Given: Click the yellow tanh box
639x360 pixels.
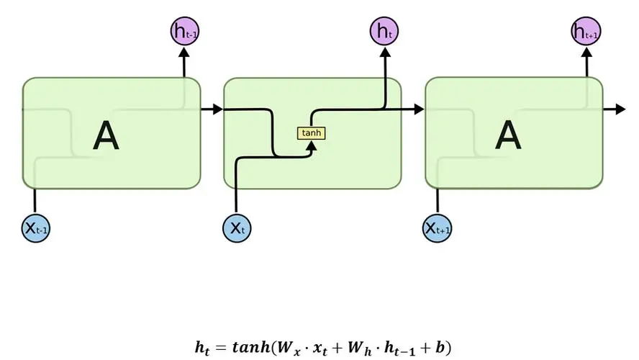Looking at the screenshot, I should [311, 133].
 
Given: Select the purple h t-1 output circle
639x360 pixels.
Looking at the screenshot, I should [183, 31].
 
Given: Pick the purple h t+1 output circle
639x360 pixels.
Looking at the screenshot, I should [586, 31].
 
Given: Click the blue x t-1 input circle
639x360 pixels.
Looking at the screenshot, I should [36, 229].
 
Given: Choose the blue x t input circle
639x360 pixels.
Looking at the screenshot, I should [237, 229].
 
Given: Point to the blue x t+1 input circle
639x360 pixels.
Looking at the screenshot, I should [438, 229].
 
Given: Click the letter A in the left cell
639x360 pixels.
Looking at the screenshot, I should [106, 135].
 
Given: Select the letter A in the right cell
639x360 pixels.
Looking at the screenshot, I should [508, 135].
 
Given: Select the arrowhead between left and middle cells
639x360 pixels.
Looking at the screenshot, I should [217, 109].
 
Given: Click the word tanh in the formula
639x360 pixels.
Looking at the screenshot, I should [252, 347].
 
